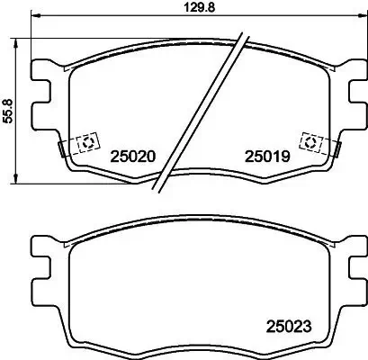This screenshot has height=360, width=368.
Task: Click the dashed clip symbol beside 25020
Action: tap(87, 143)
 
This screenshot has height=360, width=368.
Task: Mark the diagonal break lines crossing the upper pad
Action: tap(202, 112)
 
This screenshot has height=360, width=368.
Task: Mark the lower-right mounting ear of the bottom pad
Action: tap(349, 290)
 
